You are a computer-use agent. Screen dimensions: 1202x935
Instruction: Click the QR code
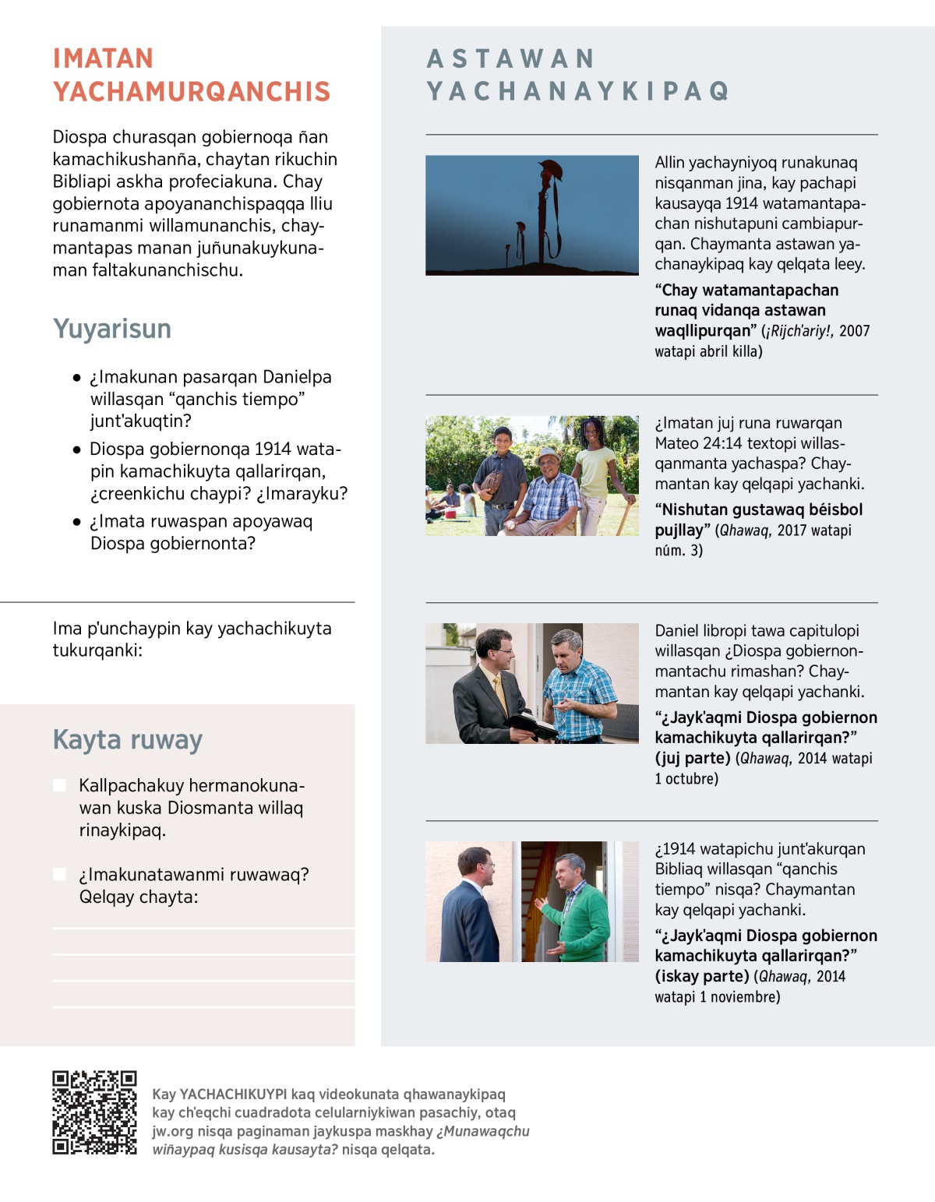click(x=94, y=1112)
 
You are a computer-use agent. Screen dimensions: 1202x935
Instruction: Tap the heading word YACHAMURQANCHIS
click(x=192, y=92)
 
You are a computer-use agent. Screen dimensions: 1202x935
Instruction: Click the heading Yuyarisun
click(x=112, y=329)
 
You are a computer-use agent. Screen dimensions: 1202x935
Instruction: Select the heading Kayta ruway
click(x=128, y=739)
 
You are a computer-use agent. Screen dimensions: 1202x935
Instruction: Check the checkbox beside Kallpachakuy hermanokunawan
click(x=59, y=785)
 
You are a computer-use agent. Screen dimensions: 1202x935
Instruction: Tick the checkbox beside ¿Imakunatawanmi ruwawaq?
click(x=59, y=874)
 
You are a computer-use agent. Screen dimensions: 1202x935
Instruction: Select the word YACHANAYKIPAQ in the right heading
click(x=578, y=92)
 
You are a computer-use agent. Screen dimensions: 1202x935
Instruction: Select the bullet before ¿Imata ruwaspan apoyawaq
click(x=76, y=522)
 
